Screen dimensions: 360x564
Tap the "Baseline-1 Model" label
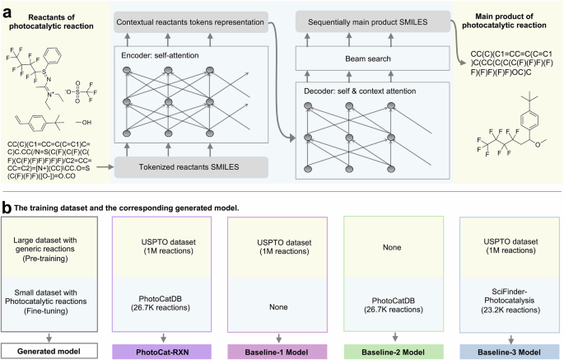(x=277, y=351)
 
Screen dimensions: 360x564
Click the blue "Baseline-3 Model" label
(x=504, y=351)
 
